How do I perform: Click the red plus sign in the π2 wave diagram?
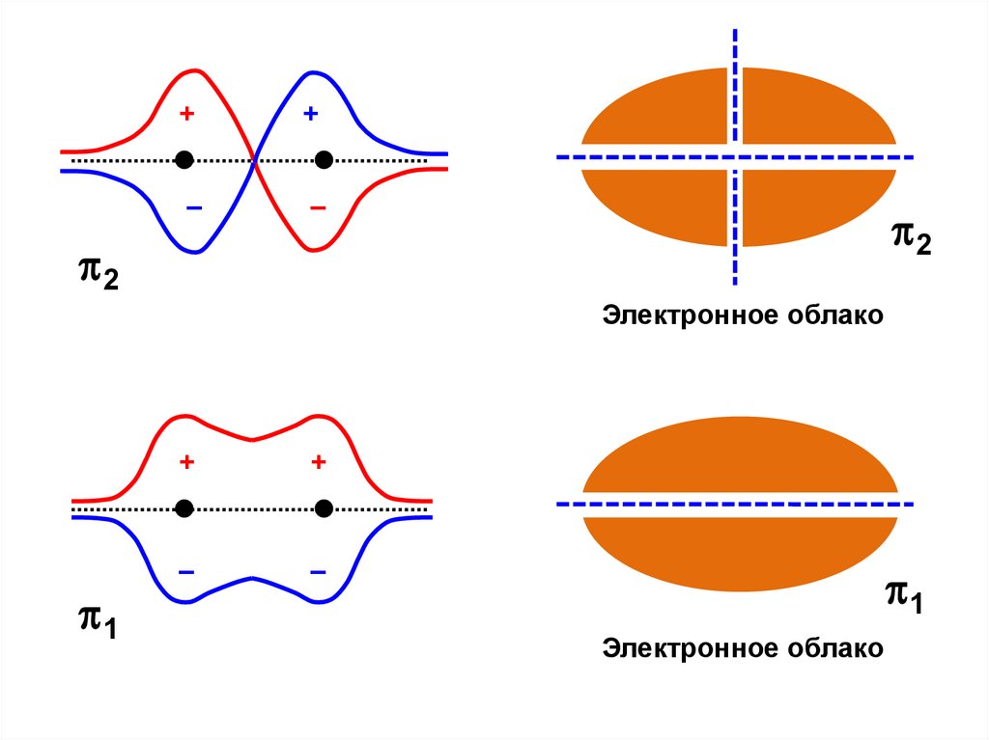click(x=186, y=114)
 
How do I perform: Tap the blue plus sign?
click(x=310, y=114)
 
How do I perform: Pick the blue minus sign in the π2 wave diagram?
click(x=193, y=207)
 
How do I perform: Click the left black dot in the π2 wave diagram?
click(x=185, y=159)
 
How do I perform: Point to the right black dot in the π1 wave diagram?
click(x=324, y=507)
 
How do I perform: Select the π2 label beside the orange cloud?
click(x=911, y=237)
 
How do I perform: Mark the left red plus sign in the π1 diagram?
click(x=186, y=463)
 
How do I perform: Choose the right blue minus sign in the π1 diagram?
click(x=318, y=572)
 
